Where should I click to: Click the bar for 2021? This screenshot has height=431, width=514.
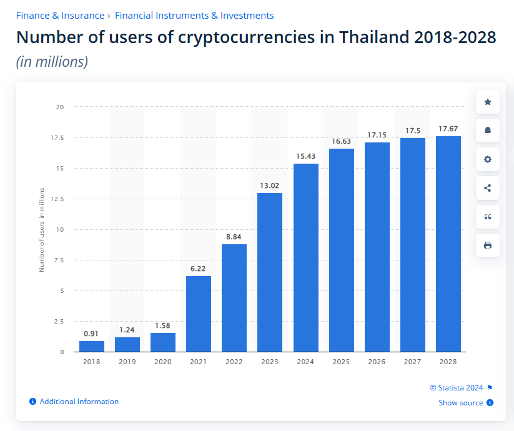coord(199,314)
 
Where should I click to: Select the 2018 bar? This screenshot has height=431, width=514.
coord(92,346)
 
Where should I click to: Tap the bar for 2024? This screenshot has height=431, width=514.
coord(305,257)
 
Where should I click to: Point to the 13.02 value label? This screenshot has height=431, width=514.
coord(270,186)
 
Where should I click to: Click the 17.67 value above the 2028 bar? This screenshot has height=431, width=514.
coord(448,129)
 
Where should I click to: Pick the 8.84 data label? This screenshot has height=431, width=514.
coord(234,237)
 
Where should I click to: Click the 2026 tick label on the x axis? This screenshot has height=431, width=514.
coord(377,362)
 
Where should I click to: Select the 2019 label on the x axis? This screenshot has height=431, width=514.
coord(127,362)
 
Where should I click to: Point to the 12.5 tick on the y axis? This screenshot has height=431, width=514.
coord(58,199)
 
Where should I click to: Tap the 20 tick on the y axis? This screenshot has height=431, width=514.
coord(60,107)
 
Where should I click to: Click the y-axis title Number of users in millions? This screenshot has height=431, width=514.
coord(42,229)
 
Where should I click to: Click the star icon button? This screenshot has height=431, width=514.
coord(488,102)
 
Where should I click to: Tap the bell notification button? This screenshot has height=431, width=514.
coord(488,131)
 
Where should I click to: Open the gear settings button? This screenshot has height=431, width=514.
coord(488,159)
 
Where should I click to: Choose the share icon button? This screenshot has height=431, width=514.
coord(488,188)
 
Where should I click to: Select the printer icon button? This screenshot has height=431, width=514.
coord(488,245)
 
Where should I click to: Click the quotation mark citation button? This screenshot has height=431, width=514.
coord(488,217)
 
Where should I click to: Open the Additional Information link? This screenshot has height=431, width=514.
coord(79,402)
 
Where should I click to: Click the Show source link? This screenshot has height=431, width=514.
coord(461,403)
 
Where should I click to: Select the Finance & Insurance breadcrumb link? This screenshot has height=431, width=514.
coord(60,15)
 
